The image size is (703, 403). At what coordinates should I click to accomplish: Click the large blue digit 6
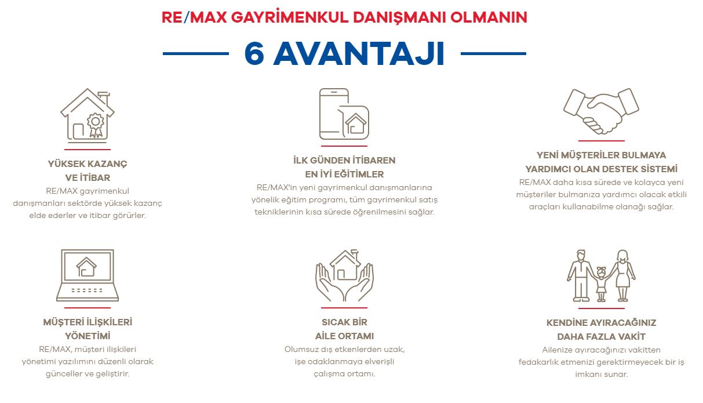pos(254,53)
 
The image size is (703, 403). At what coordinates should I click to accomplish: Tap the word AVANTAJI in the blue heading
pos(359,54)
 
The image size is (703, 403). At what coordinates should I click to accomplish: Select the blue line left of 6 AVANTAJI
pos(196,54)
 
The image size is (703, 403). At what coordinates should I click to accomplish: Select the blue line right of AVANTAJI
pos(493,54)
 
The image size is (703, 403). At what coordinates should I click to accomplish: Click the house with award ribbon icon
pos(88,115)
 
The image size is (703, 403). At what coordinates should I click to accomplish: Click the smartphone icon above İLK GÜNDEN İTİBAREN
pos(334,114)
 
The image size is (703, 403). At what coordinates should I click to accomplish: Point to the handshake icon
pos(602,111)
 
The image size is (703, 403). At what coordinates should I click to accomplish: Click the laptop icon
pos(88,275)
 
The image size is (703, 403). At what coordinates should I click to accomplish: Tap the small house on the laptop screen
pos(86,267)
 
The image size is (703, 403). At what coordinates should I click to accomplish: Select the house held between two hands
pos(345,265)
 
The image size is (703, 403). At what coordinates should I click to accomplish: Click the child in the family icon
pos(601,284)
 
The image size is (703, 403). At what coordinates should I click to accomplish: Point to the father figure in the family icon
pos(581,275)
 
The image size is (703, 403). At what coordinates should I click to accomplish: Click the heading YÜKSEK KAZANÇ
pos(88,164)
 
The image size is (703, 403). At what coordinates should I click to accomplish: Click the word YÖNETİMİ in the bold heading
pos(88,336)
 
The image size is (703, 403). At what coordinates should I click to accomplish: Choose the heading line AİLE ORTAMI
pos(345,336)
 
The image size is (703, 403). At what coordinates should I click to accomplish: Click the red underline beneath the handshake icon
pos(602,141)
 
